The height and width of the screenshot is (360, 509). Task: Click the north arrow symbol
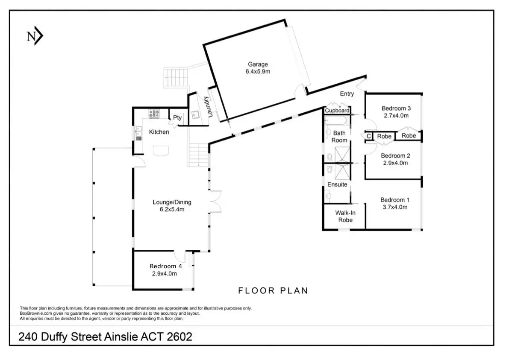[35, 36]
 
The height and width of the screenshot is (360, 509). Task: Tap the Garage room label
[258, 64]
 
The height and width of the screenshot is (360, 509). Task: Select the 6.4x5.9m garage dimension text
[258, 71]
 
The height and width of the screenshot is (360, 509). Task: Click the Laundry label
[208, 107]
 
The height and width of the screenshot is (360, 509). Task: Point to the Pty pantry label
[177, 118]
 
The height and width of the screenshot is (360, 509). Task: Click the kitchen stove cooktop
[154, 114]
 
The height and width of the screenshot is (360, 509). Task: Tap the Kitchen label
[159, 132]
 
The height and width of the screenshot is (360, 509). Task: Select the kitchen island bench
[161, 151]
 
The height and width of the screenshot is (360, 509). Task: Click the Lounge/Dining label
[172, 202]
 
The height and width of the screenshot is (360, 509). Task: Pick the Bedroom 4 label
[165, 266]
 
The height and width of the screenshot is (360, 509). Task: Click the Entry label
[347, 94]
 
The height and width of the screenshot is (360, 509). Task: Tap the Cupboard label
[337, 110]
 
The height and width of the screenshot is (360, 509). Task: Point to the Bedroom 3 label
[396, 108]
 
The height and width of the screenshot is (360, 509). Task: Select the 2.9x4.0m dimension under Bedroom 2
[395, 163]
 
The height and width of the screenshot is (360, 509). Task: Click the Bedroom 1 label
[395, 200]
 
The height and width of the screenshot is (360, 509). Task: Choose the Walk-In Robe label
[345, 217]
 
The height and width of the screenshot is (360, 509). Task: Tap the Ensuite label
[337, 184]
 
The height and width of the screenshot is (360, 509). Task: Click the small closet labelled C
[369, 136]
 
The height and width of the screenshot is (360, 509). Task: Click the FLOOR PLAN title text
[273, 290]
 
